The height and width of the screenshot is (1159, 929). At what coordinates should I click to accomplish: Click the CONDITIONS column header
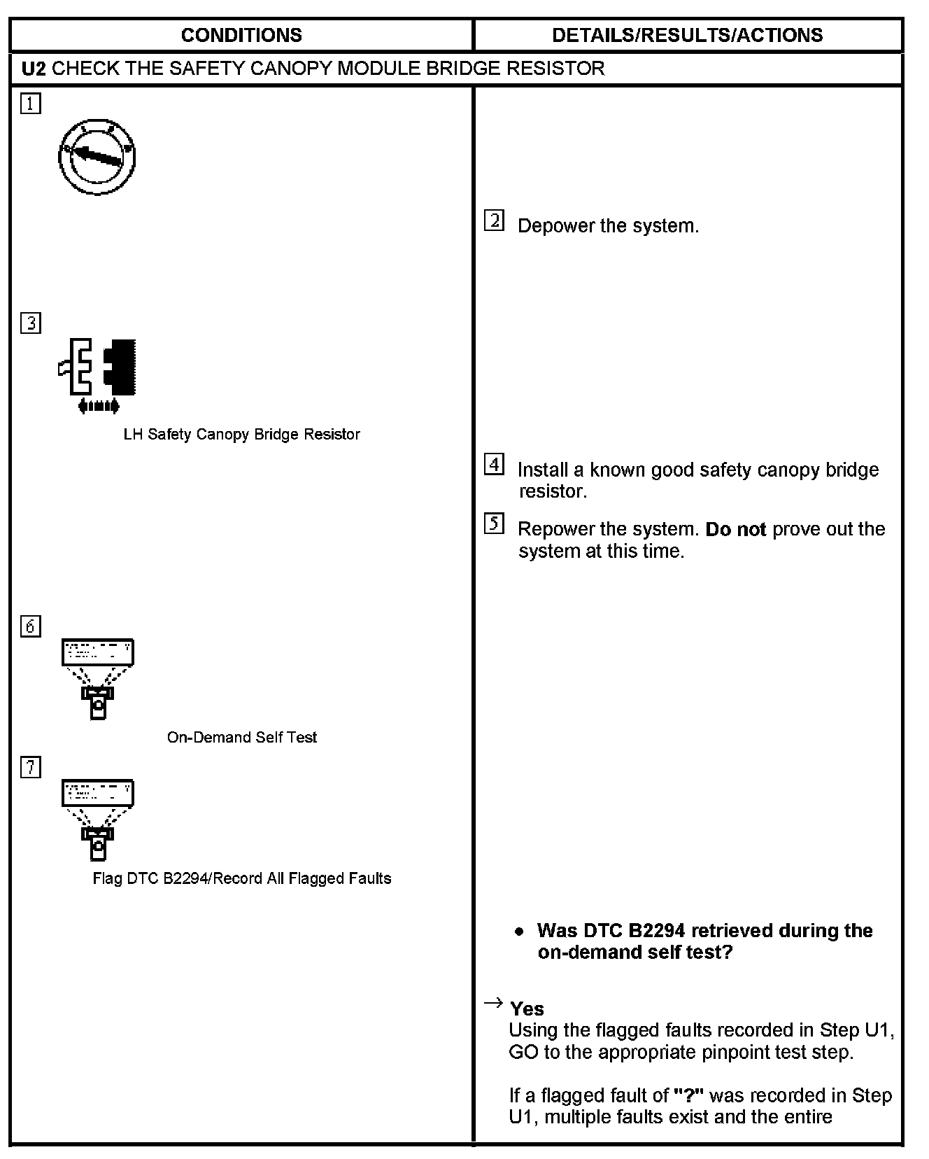coord(241,35)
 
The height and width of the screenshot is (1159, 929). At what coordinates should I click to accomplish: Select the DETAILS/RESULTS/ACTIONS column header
coord(687,35)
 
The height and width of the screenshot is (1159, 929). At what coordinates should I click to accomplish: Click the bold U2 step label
coord(34,69)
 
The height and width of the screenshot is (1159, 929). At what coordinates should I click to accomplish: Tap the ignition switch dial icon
coord(97,157)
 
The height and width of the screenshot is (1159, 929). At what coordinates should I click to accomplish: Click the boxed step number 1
coord(31,104)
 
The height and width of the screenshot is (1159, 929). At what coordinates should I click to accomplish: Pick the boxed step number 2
coord(494,221)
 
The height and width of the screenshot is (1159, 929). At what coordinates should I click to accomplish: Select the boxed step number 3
coord(31,323)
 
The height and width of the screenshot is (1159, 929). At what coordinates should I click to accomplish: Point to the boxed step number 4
coord(494,464)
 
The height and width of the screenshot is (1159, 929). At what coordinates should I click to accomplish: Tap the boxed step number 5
coord(494,524)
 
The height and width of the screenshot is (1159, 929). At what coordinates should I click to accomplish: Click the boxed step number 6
coord(31,626)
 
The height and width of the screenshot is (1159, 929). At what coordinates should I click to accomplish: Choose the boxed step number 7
coord(31,767)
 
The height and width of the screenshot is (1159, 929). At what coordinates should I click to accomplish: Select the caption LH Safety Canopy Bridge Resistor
coord(241,435)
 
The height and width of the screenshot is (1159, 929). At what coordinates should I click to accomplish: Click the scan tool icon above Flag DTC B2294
coord(98,820)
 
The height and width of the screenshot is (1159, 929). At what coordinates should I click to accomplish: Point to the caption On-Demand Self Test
coord(241,738)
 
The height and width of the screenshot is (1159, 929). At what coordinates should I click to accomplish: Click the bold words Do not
coord(735,530)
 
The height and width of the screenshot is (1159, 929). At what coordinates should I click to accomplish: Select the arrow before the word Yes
coord(493,1004)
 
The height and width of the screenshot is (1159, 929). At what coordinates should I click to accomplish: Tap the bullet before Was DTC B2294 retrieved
coord(519,932)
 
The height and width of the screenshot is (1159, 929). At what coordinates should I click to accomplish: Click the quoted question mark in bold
coord(688,1095)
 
